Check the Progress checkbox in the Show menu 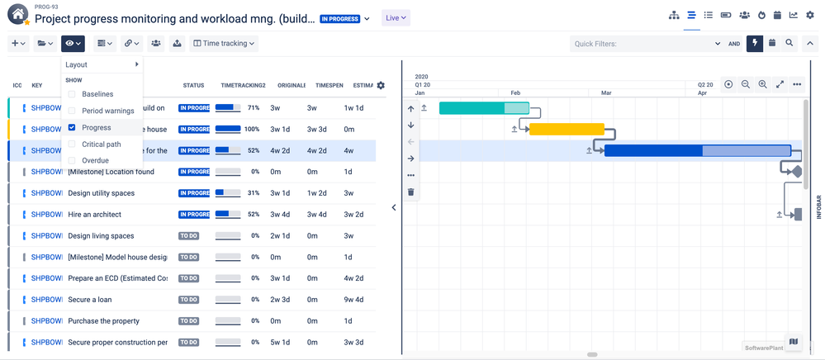(x=72, y=127)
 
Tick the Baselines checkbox (x=72, y=94)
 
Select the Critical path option (x=101, y=144)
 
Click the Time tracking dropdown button (x=225, y=44)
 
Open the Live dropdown (x=396, y=18)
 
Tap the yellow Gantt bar (x=567, y=129)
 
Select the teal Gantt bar (x=483, y=108)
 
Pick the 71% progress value (x=254, y=108)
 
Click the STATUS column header (x=193, y=85)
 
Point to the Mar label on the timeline (x=606, y=93)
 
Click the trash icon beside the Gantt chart (x=411, y=192)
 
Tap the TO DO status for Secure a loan (x=189, y=300)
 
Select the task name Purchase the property (x=103, y=321)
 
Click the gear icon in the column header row (x=381, y=85)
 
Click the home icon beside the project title (x=17, y=16)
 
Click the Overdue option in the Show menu (x=95, y=160)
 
